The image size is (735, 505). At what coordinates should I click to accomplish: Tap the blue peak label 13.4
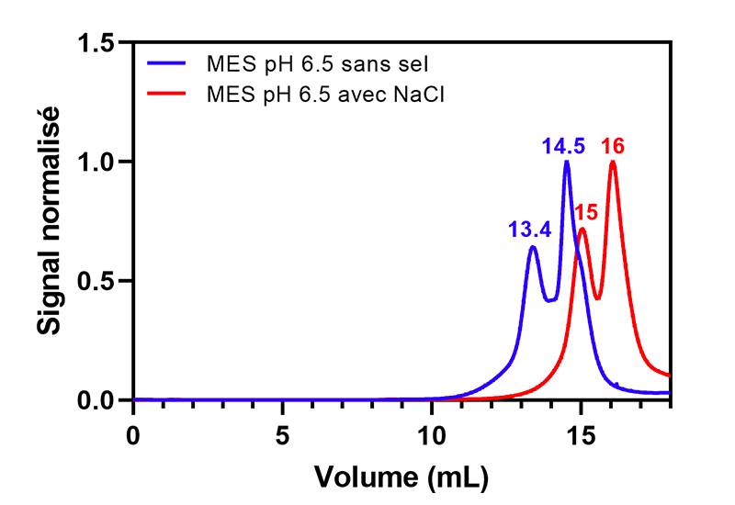[x=529, y=230]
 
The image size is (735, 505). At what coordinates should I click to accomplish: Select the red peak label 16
[x=614, y=146]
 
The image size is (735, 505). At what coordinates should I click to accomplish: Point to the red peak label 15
[x=585, y=213]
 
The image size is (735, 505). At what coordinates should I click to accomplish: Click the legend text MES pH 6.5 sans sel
[x=320, y=65]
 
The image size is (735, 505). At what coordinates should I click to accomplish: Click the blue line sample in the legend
[x=171, y=65]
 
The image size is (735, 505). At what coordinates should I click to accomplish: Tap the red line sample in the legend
[x=171, y=93]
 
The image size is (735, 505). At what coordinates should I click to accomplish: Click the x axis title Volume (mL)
[x=401, y=477]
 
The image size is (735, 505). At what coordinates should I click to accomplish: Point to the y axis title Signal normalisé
[x=50, y=220]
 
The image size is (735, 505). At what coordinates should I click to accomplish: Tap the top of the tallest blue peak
[x=567, y=163]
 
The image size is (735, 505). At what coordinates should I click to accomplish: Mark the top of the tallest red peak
[x=612, y=163]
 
